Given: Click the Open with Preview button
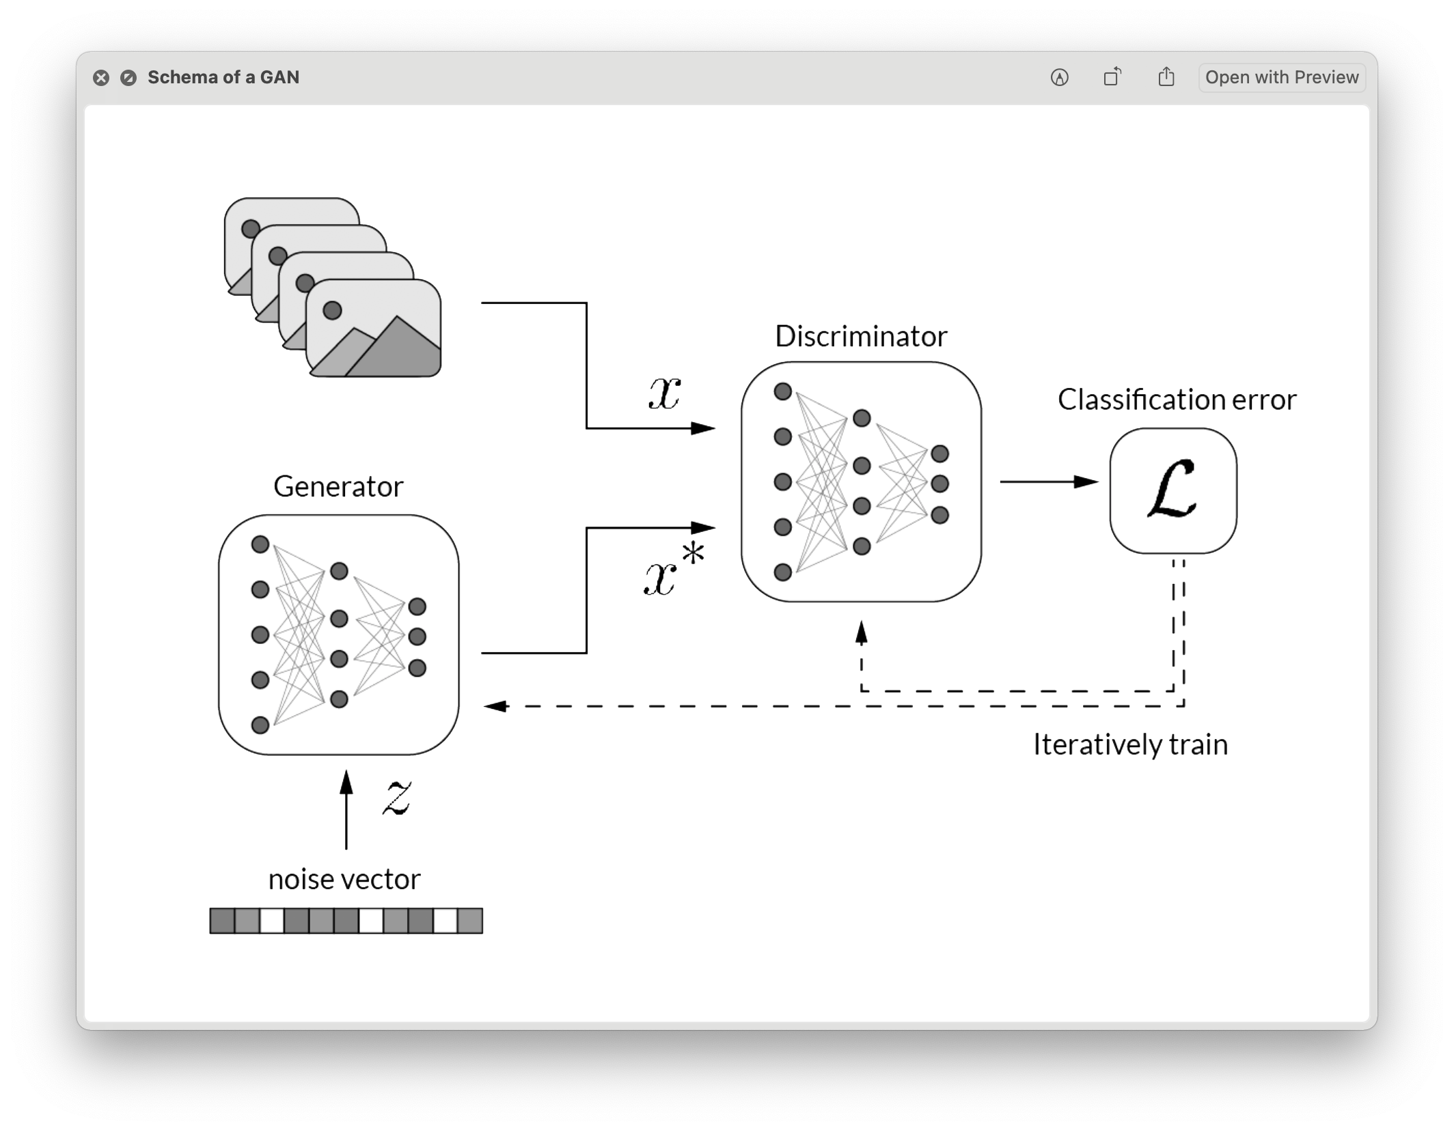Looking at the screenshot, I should [x=1281, y=77].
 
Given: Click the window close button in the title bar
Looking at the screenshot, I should [x=101, y=78].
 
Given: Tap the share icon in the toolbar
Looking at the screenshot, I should [x=1166, y=77].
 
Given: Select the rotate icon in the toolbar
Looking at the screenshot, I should [x=1112, y=77].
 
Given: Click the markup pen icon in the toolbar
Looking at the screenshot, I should [x=1059, y=78].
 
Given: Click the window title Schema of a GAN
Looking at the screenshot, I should [x=223, y=77].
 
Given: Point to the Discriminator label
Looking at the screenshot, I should [x=861, y=336].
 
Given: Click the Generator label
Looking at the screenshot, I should [x=338, y=486].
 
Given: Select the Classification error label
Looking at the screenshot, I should [x=1177, y=400].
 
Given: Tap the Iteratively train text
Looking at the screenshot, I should [x=1130, y=744].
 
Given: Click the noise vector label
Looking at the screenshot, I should [x=344, y=879].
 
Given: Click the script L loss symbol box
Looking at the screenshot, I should [x=1172, y=490].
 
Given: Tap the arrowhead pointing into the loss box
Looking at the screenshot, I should [x=1086, y=481].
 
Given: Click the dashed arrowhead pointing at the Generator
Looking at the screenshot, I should [x=495, y=706].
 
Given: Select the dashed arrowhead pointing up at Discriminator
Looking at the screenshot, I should [x=862, y=633].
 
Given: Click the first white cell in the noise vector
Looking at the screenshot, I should [x=272, y=921].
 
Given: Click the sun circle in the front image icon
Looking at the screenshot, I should [x=332, y=311].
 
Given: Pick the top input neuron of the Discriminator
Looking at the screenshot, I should [x=783, y=391].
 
